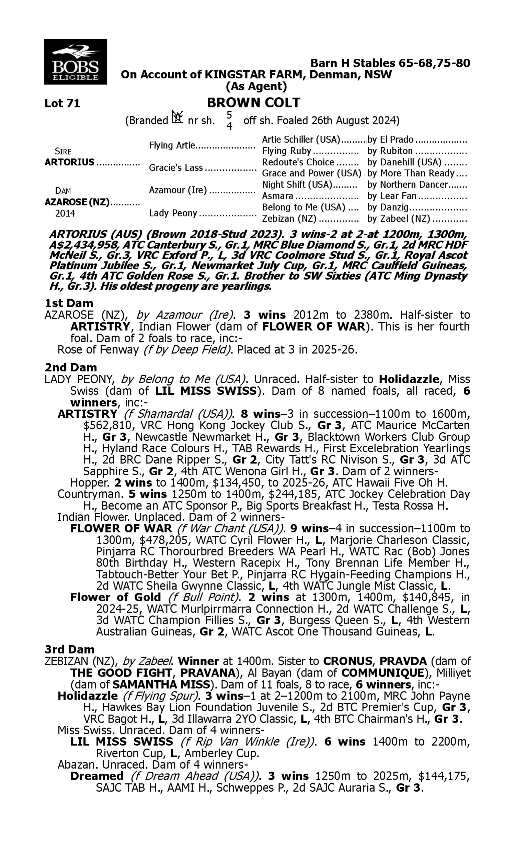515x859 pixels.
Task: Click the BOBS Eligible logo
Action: [x=75, y=62]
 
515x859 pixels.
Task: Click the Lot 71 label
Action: [x=62, y=103]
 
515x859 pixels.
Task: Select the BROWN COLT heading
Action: [x=253, y=103]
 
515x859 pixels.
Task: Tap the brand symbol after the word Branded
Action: [x=178, y=117]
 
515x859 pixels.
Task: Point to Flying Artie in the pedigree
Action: [x=172, y=145]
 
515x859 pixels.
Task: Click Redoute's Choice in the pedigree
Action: [x=298, y=162]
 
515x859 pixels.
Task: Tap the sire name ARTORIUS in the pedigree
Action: [x=69, y=162]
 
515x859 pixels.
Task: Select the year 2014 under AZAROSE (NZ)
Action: [x=65, y=213]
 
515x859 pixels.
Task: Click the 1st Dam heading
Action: [x=69, y=303]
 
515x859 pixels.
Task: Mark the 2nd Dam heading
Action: [x=71, y=367]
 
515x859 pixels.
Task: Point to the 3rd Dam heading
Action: [x=70, y=649]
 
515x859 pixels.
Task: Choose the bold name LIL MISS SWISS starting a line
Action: [x=122, y=741]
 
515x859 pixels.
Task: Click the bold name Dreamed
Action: [x=97, y=776]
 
